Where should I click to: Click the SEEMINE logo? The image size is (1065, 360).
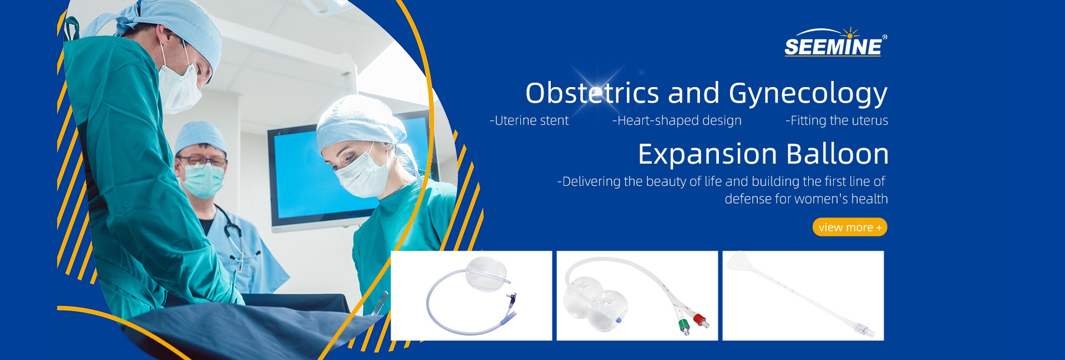click(x=835, y=42)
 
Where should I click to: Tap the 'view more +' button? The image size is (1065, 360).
click(x=850, y=227)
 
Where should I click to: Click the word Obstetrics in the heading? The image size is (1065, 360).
click(x=592, y=93)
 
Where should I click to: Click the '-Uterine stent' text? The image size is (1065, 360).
click(x=529, y=120)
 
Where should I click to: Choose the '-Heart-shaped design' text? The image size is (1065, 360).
click(x=677, y=120)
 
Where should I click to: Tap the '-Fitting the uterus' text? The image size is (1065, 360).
click(x=836, y=120)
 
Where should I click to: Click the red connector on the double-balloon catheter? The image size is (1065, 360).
click(x=701, y=320)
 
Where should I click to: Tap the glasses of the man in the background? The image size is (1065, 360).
click(x=202, y=161)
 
